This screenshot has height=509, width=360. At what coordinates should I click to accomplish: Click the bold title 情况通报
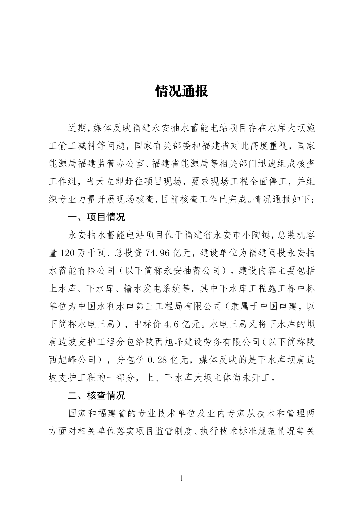pyautogui.click(x=182, y=91)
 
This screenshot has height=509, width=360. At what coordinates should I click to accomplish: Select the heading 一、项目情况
pyautogui.click(x=96, y=217)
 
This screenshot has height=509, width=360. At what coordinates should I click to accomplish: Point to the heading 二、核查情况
pyautogui.click(x=96, y=395)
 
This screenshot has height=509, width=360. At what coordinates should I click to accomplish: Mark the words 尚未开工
pyautogui.click(x=254, y=378)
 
